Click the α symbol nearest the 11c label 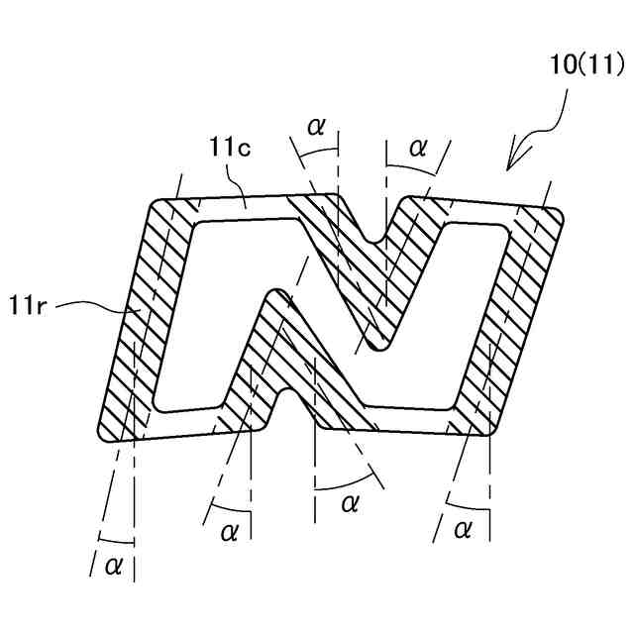click(316, 126)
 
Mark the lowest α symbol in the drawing click(114, 565)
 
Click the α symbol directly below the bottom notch click(349, 503)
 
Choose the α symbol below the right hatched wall click(462, 530)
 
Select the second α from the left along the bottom click(231, 532)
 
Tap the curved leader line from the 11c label click(237, 182)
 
